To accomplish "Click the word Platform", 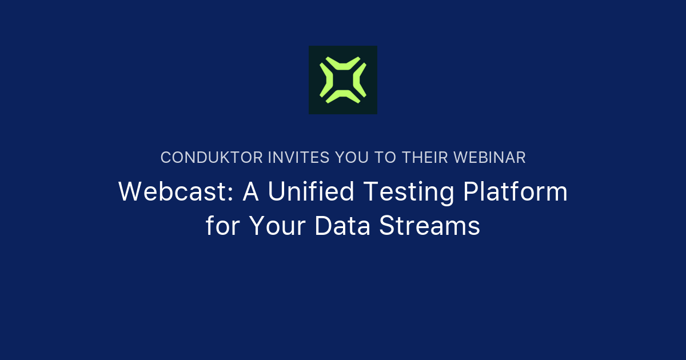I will (515, 192).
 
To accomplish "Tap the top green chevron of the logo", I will (343, 60).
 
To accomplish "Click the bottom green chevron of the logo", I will (343, 99).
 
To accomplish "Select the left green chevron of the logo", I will (324, 80).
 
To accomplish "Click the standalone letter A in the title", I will (252, 192).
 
